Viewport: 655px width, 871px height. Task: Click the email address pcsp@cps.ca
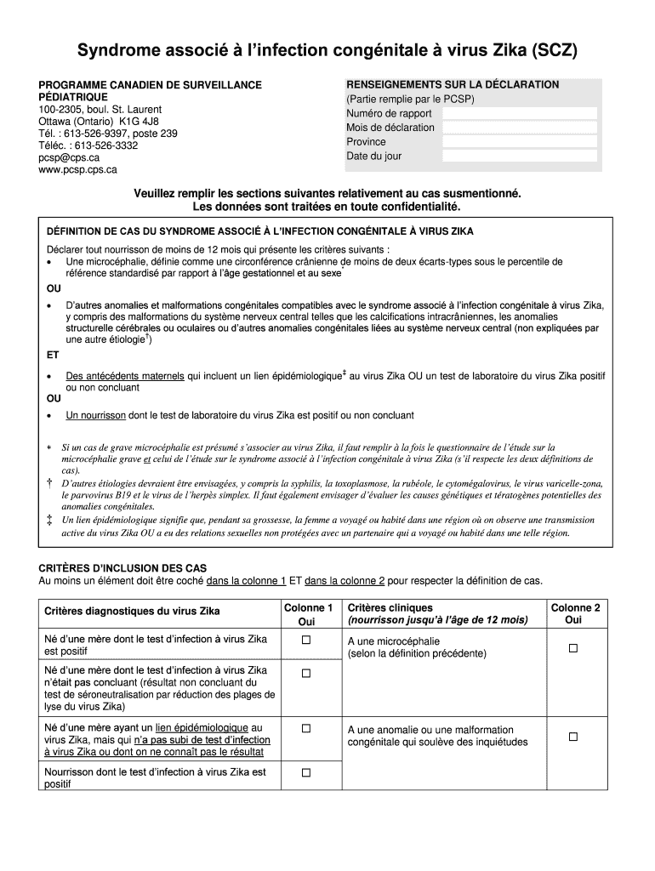coord(69,157)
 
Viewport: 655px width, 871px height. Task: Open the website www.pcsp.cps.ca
coord(77,169)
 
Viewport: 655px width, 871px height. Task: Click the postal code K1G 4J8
coord(139,122)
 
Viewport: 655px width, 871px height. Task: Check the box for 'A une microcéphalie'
coord(573,648)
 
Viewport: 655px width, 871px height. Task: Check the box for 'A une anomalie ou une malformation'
coord(573,737)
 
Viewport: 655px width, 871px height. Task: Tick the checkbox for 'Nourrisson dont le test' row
coord(306,772)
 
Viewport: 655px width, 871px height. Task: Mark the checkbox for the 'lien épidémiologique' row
coord(306,729)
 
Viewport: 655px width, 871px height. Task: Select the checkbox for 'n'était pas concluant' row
coord(306,674)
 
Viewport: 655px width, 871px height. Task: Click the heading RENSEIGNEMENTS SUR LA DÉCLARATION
coord(452,85)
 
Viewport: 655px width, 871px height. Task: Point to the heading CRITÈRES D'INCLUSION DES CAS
coord(122,568)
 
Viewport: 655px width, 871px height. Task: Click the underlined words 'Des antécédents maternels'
coord(124,374)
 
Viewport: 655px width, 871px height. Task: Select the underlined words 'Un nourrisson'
coord(95,416)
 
